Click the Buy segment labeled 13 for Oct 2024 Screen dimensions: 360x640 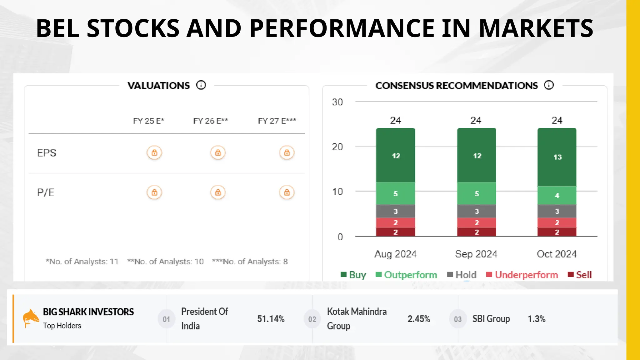pyautogui.click(x=557, y=157)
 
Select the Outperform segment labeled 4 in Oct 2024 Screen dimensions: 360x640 pyautogui.click(x=557, y=196)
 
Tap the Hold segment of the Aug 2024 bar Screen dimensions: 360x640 pyautogui.click(x=396, y=211)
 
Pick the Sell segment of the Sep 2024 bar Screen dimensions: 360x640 pyautogui.click(x=477, y=232)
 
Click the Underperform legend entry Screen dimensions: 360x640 pyautogui.click(x=522, y=275)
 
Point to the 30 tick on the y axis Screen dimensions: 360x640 pyautogui.click(x=337, y=102)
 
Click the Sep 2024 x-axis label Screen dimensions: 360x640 pyautogui.click(x=476, y=254)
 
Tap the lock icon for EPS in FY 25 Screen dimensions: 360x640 pyautogui.click(x=154, y=153)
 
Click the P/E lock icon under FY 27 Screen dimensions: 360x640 pyautogui.click(x=287, y=192)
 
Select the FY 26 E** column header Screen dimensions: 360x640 pyautogui.click(x=211, y=121)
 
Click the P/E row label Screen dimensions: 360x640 pyautogui.click(x=46, y=192)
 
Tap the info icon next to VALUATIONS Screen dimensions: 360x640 pyautogui.click(x=201, y=85)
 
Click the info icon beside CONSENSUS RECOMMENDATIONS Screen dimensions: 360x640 pyautogui.click(x=549, y=85)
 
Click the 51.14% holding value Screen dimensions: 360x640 pyautogui.click(x=271, y=319)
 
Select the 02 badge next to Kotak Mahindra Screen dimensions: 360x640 pyautogui.click(x=312, y=319)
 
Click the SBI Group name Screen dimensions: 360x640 pyautogui.click(x=491, y=319)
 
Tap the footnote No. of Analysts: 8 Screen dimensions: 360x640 pyautogui.click(x=250, y=262)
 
